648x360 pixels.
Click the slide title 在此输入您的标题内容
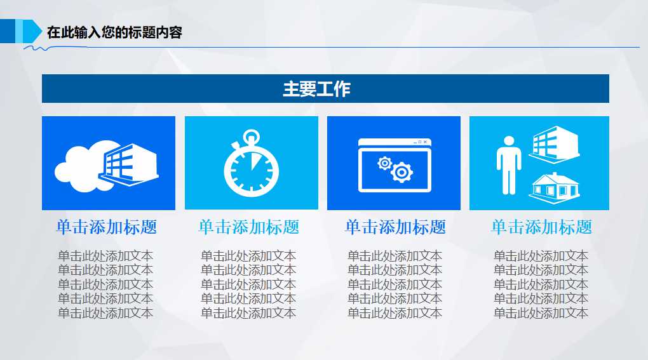[x=114, y=32]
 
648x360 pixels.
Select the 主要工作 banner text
[x=316, y=89]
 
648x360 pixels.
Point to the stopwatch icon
[x=251, y=166]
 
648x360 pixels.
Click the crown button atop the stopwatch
[x=252, y=135]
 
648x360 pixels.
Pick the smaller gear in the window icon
[x=384, y=163]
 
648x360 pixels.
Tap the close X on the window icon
[x=426, y=142]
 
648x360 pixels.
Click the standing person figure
[x=508, y=164]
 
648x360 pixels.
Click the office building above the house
[x=554, y=143]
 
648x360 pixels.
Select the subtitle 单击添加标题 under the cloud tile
[x=106, y=227]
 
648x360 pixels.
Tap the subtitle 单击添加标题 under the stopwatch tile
[x=248, y=227]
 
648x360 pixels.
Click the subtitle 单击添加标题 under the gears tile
[x=395, y=227]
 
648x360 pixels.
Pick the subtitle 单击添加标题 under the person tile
[x=541, y=227]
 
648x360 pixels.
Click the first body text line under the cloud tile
[x=105, y=256]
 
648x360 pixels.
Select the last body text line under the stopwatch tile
[x=248, y=312]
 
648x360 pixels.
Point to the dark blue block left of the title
[x=7, y=31]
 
